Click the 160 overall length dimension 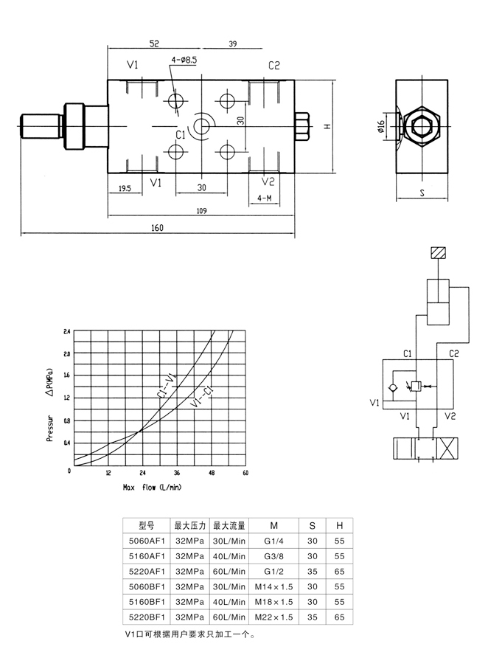[156, 228]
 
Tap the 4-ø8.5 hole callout [184, 60]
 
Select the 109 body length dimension [201, 212]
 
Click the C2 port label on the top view [273, 66]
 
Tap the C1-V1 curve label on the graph [167, 387]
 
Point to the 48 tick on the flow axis [212, 473]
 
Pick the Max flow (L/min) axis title [152, 488]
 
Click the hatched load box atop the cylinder [438, 254]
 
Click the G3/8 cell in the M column [273, 556]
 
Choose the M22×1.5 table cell [273, 616]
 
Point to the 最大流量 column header [229, 526]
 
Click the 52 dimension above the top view [154, 44]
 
